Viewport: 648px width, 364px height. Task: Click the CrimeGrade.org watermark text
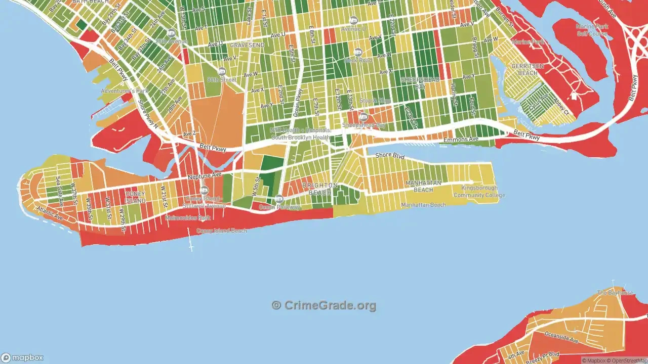[x=324, y=305]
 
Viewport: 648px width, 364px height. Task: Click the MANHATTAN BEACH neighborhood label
[x=423, y=186]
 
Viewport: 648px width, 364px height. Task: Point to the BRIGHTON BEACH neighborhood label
[x=319, y=189]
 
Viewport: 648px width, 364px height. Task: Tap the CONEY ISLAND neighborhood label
[x=135, y=197]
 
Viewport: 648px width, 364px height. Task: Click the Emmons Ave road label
[x=461, y=140]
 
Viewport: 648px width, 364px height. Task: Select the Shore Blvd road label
[x=390, y=156]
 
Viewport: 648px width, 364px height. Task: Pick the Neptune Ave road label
[x=205, y=176]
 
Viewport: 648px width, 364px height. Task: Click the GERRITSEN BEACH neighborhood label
[x=524, y=70]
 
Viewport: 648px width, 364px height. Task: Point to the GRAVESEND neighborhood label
[x=247, y=45]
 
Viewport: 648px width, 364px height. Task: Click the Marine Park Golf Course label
[x=591, y=30]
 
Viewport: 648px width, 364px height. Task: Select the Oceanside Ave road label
[x=561, y=337]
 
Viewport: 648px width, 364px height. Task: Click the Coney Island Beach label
[x=222, y=231]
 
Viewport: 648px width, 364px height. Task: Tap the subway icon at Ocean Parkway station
[x=279, y=199]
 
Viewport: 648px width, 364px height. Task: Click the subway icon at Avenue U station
[x=353, y=20]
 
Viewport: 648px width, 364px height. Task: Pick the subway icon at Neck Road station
[x=358, y=52]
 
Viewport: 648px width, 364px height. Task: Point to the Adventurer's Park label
[x=124, y=91]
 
